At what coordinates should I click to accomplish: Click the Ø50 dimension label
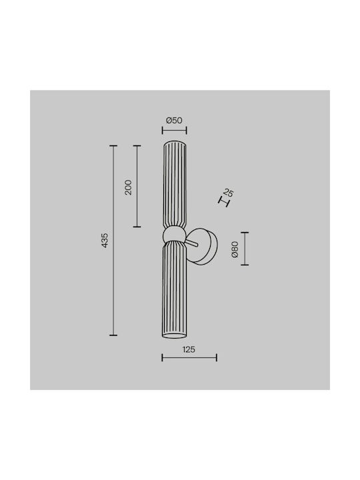(x=174, y=120)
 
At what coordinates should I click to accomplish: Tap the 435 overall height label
(x=105, y=240)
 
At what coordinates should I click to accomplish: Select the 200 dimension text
(x=128, y=187)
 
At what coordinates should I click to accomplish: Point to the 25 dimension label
(x=229, y=193)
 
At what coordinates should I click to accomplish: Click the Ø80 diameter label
(x=235, y=249)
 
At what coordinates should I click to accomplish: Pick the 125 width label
(x=189, y=349)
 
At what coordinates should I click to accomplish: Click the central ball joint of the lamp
(x=174, y=236)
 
